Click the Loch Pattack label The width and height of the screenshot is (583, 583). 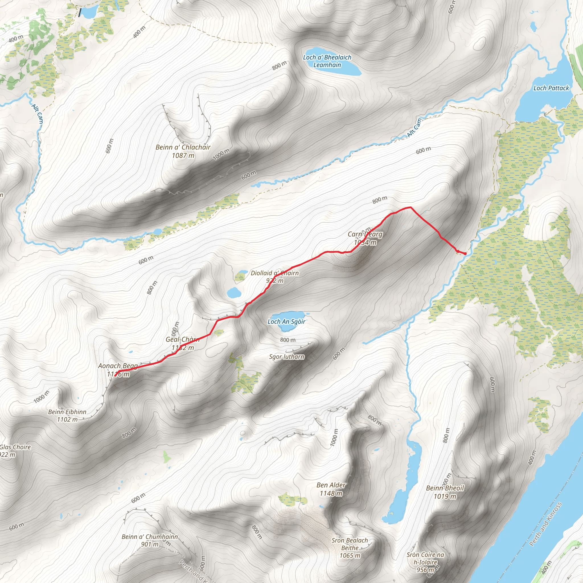click(551, 88)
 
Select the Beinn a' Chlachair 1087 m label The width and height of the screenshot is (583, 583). click(183, 151)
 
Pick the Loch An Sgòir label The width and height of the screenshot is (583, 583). click(286, 322)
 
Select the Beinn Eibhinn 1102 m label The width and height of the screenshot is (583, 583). click(67, 416)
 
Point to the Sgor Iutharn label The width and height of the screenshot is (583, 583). click(287, 357)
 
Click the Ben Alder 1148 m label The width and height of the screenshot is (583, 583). click(331, 489)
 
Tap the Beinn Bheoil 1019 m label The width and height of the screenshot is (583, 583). click(445, 492)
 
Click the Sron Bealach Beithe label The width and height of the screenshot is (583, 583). click(350, 548)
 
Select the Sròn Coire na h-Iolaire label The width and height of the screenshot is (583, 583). click(426, 562)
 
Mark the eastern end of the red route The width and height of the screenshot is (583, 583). click(465, 253)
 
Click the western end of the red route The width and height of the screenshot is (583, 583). click(116, 375)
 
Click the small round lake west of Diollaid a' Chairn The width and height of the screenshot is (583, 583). click(233, 292)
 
